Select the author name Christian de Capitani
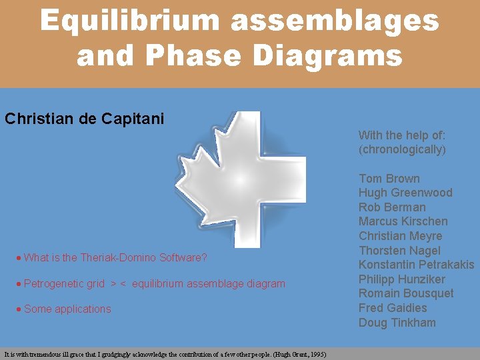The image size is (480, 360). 84,119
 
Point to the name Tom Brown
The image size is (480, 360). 389,179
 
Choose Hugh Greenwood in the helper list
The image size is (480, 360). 405,193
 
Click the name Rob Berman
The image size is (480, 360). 392,207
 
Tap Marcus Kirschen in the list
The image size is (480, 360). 403,221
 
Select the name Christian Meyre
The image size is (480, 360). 400,236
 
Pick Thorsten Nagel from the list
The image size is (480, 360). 399,251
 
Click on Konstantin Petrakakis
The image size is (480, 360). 416,265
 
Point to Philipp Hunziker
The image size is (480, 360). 402,279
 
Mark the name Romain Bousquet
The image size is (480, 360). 406,293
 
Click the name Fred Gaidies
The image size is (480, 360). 393,308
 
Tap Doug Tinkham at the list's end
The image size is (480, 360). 397,323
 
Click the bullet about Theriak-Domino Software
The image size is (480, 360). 115,257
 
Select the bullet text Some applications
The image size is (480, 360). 67,309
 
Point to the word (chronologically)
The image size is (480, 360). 402,149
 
